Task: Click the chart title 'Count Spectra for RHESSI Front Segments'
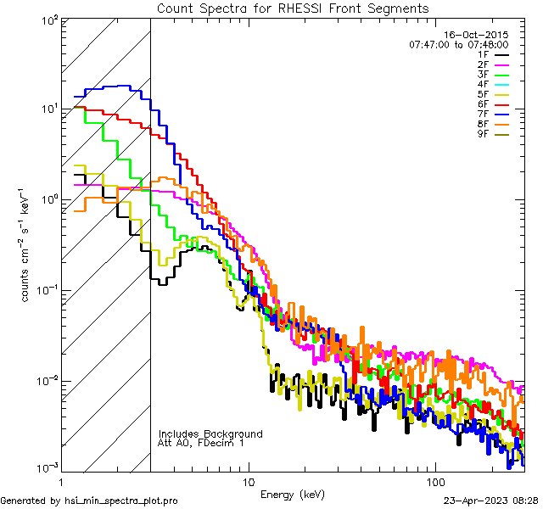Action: pos(293,8)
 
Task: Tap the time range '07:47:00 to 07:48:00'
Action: pos(458,44)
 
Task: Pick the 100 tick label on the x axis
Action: pos(434,482)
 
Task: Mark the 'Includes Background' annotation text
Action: pos(210,433)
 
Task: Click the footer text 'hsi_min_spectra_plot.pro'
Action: pos(121,501)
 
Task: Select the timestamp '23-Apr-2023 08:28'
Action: pos(490,501)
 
